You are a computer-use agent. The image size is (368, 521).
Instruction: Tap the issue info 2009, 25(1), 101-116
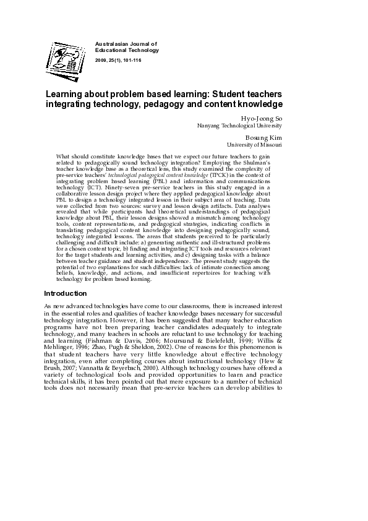(x=121, y=59)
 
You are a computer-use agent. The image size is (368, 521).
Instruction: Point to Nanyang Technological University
(x=239, y=125)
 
